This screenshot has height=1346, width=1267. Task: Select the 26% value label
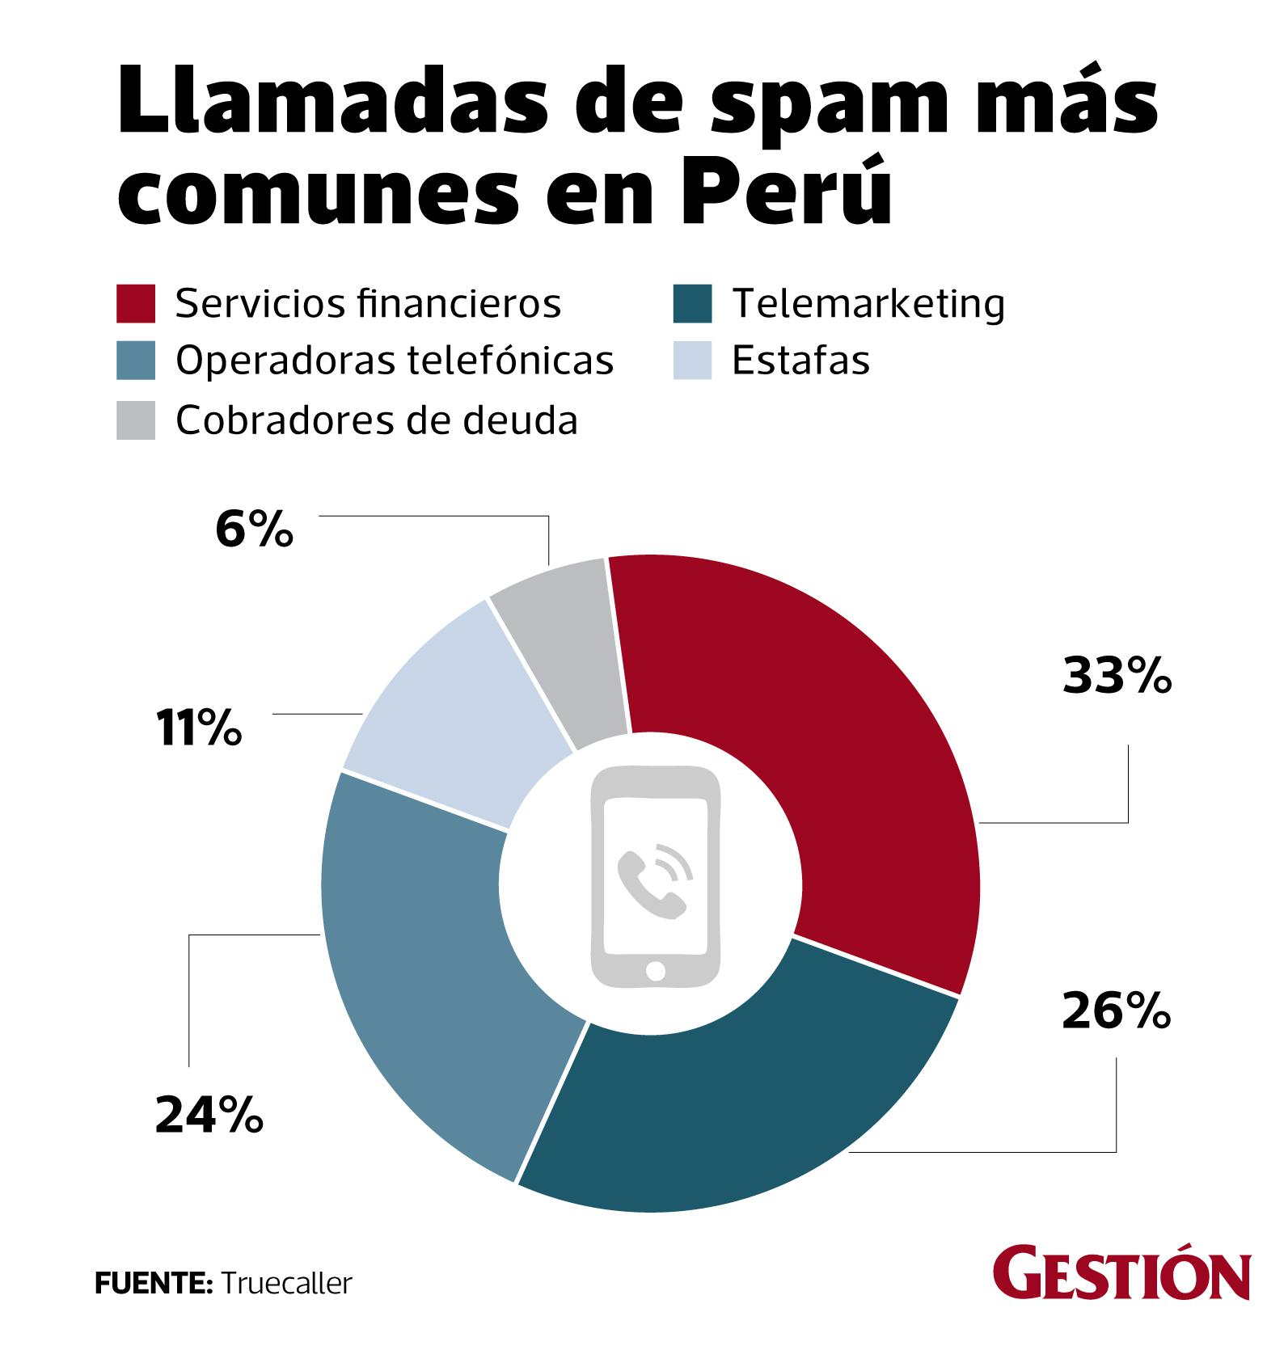point(1116,1012)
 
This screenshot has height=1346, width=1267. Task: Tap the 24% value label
point(209,1116)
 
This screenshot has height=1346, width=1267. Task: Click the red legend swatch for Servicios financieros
point(136,304)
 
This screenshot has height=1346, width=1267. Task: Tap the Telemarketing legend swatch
point(692,304)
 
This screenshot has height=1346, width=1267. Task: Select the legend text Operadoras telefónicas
point(395,361)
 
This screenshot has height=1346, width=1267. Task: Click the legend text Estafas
point(800,361)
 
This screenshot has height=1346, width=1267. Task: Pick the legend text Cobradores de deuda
point(377,420)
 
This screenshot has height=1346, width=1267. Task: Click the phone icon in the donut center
point(655,877)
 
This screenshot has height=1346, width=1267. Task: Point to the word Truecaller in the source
point(286,1283)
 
